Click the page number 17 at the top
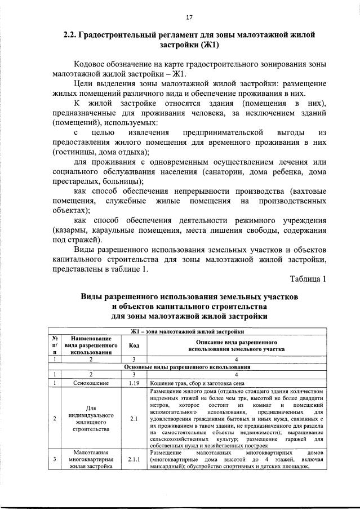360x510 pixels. [x=180, y=16]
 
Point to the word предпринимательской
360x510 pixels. [x=224, y=132]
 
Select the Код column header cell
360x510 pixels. [x=134, y=345]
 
